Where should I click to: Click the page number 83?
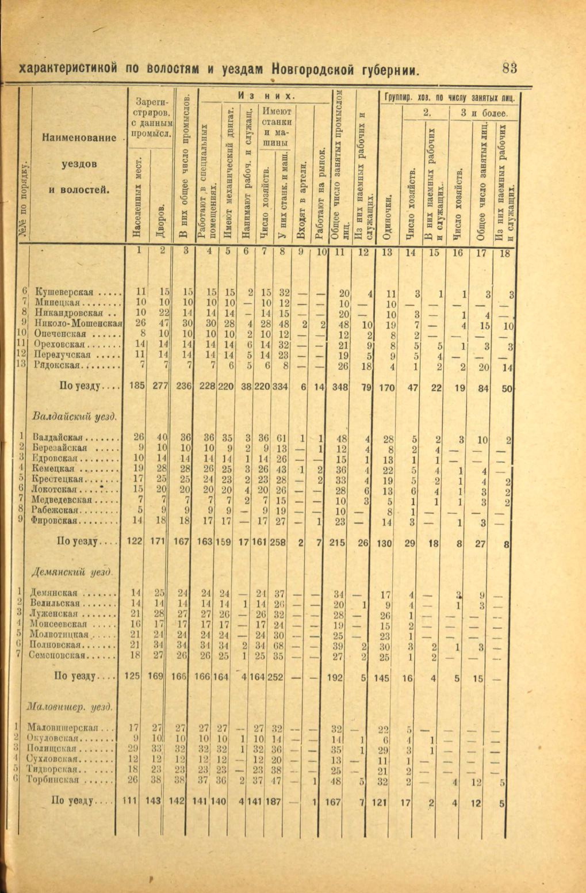coord(510,68)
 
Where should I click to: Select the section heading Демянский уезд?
coord(71,572)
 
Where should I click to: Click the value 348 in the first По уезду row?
coord(341,387)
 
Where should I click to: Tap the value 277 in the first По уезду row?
coord(160,387)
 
